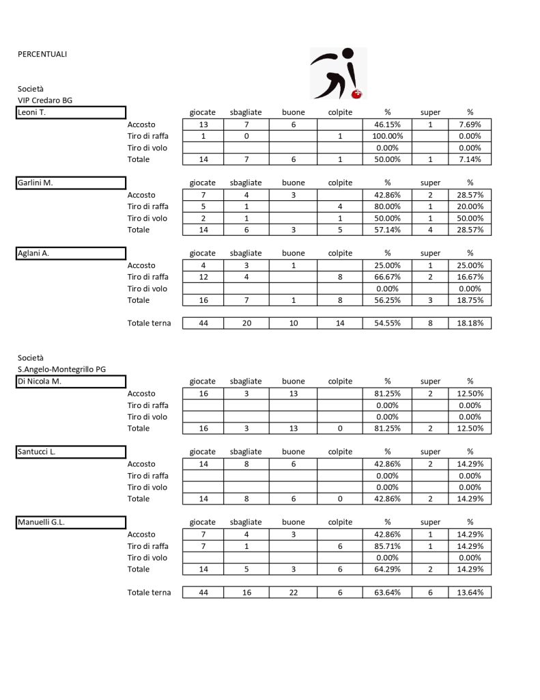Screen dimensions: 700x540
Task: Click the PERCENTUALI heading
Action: pyautogui.click(x=42, y=54)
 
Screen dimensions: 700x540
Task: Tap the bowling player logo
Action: pyautogui.click(x=339, y=73)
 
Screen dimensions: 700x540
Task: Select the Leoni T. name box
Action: pyautogui.click(x=71, y=112)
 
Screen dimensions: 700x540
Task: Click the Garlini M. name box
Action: pyautogui.click(x=71, y=183)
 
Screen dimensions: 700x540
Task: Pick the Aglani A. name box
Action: pyautogui.click(x=71, y=253)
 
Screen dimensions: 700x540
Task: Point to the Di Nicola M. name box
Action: pyautogui.click(x=71, y=381)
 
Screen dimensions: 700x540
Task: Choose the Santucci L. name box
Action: pyautogui.click(x=71, y=451)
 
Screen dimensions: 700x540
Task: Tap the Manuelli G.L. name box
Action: pyautogui.click(x=71, y=522)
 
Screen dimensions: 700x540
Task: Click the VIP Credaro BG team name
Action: pyautogui.click(x=45, y=100)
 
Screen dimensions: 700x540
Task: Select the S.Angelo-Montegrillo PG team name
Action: pyautogui.click(x=62, y=370)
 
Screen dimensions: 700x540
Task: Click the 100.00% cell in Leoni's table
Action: pyautogui.click(x=387, y=136)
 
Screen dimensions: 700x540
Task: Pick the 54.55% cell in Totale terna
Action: pyautogui.click(x=387, y=323)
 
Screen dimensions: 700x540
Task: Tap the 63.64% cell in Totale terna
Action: pyautogui.click(x=387, y=593)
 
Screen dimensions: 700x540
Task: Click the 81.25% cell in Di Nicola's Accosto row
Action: pyautogui.click(x=387, y=394)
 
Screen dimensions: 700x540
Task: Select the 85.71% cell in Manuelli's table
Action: pyautogui.click(x=387, y=546)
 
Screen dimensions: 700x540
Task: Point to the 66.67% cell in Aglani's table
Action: pyautogui.click(x=387, y=277)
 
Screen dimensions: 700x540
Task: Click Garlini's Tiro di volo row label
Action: pyautogui.click(x=147, y=218)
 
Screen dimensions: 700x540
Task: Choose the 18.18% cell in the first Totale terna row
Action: pyautogui.click(x=470, y=323)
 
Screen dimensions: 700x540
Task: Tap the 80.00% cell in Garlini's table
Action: pyautogui.click(x=387, y=206)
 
